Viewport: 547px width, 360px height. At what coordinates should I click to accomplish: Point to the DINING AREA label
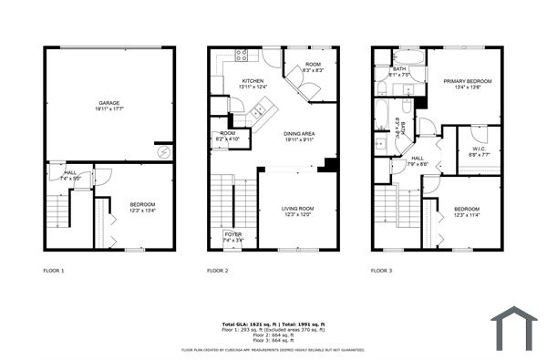click(x=298, y=137)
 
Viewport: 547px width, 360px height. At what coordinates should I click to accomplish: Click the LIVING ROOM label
click(x=297, y=212)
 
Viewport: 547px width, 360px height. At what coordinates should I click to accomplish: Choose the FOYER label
click(x=232, y=237)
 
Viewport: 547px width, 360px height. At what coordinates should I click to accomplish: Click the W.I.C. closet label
click(x=479, y=151)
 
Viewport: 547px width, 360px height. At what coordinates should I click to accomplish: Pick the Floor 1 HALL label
click(x=70, y=175)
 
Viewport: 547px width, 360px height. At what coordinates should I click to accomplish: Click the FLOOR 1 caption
click(x=55, y=271)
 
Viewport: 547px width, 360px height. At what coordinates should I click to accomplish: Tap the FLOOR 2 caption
click(x=218, y=271)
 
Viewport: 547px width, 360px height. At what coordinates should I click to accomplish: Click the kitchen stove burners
click(x=242, y=56)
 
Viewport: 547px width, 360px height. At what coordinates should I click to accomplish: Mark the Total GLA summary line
click(x=273, y=324)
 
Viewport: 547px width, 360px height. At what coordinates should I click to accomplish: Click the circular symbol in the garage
click(x=162, y=151)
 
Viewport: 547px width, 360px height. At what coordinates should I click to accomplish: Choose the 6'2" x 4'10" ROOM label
click(x=225, y=139)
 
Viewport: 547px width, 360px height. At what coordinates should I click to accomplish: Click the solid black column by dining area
click(x=331, y=165)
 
